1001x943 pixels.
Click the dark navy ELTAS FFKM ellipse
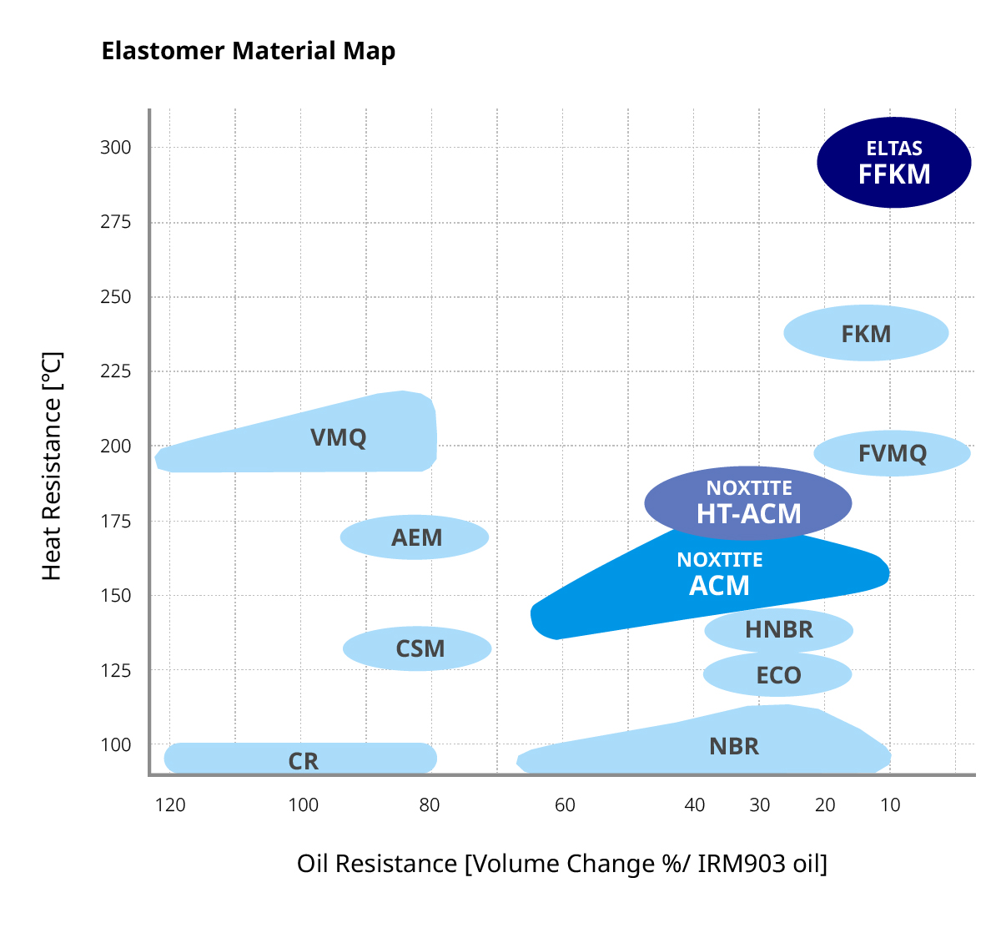[893, 162]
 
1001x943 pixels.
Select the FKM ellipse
[866, 333]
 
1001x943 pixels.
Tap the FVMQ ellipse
[892, 453]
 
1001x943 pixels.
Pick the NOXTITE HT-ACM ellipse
[748, 503]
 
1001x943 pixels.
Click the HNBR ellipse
[778, 629]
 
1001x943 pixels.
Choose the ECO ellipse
[777, 674]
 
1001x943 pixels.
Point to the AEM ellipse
[415, 537]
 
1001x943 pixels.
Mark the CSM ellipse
[417, 648]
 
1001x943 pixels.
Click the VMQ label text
[338, 437]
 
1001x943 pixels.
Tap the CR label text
[303, 761]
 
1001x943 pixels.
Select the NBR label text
[734, 746]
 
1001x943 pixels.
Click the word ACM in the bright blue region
[719, 586]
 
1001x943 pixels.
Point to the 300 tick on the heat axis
[116, 148]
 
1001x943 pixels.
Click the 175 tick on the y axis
[116, 522]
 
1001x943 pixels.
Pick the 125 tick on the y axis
[116, 671]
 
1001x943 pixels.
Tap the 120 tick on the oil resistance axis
[170, 805]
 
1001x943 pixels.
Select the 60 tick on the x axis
[565, 805]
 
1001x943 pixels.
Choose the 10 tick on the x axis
[890, 805]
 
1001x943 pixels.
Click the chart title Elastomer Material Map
[248, 51]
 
